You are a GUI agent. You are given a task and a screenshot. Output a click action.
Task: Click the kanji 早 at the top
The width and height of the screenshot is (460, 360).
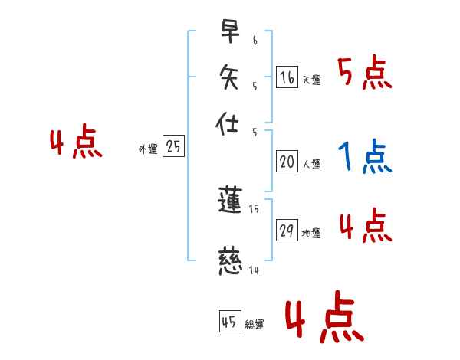[x=230, y=32]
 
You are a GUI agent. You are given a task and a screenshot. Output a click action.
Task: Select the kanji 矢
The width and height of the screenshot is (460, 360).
[x=230, y=76]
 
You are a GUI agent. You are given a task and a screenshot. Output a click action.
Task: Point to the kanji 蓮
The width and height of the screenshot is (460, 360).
[x=230, y=201]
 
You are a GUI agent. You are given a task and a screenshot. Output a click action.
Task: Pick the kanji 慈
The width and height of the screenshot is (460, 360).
[x=230, y=260]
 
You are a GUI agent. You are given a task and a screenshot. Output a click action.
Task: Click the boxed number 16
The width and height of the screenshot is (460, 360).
[x=287, y=77]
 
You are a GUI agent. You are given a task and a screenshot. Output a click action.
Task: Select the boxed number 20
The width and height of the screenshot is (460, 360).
[x=287, y=162]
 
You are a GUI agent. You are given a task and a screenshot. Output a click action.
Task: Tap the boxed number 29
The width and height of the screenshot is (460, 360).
[x=287, y=231]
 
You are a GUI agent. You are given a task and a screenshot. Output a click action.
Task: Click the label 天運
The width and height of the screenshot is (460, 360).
[x=311, y=80]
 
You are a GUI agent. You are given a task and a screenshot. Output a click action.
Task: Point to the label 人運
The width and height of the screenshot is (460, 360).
[x=311, y=164]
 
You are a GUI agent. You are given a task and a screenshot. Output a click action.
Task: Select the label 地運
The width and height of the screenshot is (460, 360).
[x=311, y=234]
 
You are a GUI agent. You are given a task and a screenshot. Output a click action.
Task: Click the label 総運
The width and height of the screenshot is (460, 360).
[x=254, y=325]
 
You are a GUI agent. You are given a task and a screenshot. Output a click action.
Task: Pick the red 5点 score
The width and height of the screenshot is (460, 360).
[x=364, y=74]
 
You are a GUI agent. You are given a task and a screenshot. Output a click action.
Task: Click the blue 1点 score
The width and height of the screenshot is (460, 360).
[x=364, y=158]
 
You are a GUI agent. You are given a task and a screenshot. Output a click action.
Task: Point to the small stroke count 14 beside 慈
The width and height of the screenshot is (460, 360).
[x=254, y=270]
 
